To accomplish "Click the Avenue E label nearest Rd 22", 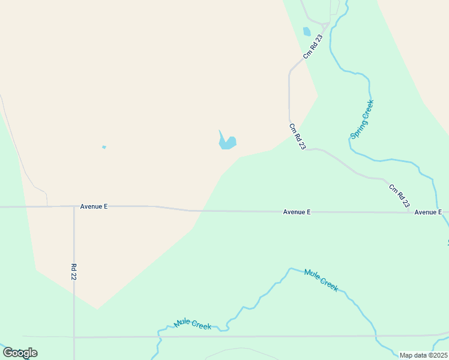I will point(94,206).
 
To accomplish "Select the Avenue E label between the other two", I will point(297,212).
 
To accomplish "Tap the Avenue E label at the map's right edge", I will point(428,212).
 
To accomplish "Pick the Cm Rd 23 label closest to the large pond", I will point(297,137).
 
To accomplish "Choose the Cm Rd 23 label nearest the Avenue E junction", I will point(399,196).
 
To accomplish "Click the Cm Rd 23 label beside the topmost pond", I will point(313,46).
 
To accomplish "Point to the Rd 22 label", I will point(74,272).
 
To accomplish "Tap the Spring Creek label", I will point(362,119).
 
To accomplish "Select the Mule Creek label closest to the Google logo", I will point(192,325).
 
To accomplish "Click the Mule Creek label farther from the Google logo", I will point(321,280).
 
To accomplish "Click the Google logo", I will point(20,352).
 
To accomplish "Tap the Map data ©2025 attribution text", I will point(423,355).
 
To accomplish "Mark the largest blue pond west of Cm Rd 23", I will point(228,143).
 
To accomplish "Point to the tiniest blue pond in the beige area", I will point(104,147).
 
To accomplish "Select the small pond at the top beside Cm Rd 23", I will point(307,32).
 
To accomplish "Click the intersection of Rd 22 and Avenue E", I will point(74,206).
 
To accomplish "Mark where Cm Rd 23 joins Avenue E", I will point(409,212).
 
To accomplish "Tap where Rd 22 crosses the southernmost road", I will point(74,337).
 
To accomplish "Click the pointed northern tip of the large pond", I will point(220,130).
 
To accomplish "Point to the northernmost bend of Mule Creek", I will point(291,268).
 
